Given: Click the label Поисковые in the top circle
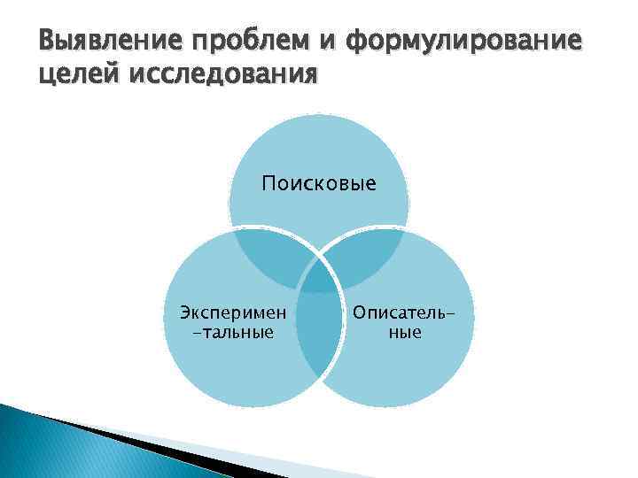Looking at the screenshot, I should pyautogui.click(x=319, y=184).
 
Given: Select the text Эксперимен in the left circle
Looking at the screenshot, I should pyautogui.click(x=233, y=312).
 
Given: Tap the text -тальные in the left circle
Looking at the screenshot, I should pyautogui.click(x=233, y=333).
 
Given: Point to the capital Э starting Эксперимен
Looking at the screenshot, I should pyautogui.click(x=185, y=312).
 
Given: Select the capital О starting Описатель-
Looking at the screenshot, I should pyautogui.click(x=360, y=312).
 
